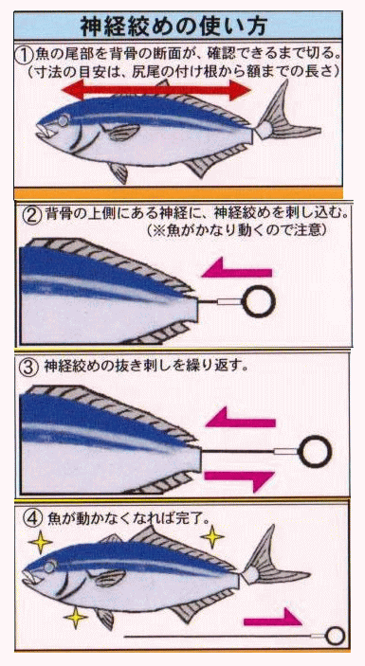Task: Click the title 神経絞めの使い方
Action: tap(173, 27)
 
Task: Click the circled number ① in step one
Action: tap(25, 54)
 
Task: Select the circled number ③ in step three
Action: tap(28, 368)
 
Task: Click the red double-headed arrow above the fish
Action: tap(156, 90)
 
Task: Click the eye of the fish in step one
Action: tap(63, 121)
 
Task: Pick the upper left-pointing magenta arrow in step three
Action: tap(241, 418)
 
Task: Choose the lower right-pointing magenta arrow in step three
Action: tap(239, 479)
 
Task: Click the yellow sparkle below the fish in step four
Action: tap(76, 618)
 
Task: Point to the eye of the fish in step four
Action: tap(50, 567)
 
